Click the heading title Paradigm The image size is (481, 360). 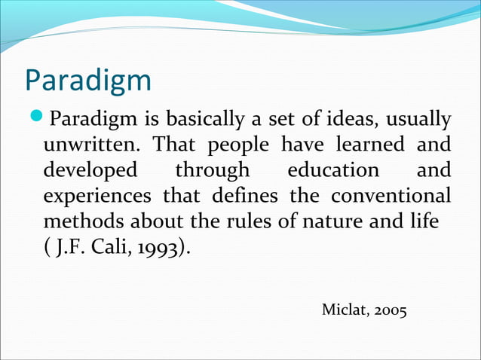click(x=88, y=81)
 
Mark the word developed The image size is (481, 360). click(x=90, y=170)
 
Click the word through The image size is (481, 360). click(x=212, y=170)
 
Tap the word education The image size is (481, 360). click(x=333, y=170)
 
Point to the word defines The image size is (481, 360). click(x=244, y=196)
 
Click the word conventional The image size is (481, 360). click(x=390, y=196)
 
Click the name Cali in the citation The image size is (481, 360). click(x=107, y=248)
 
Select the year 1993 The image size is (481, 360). click(x=155, y=249)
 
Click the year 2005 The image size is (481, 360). click(x=391, y=310)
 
